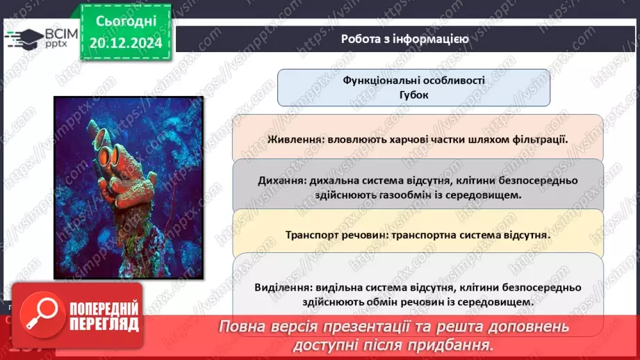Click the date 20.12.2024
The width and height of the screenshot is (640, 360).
pos(125,42)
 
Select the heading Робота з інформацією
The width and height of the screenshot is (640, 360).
pos(404,39)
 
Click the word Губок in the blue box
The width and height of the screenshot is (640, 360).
pos(414,95)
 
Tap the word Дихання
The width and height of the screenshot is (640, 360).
pos(281,181)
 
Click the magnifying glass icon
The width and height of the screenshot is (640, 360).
pos(33,313)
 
